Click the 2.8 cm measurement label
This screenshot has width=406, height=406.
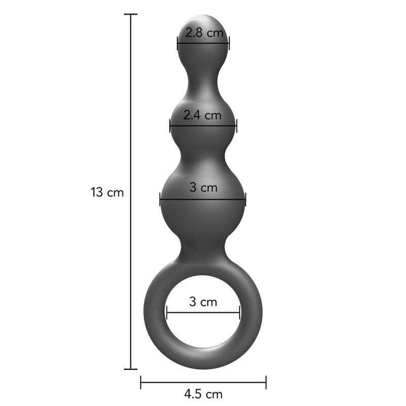pos(204,32)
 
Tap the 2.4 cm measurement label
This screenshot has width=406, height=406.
pos(202,115)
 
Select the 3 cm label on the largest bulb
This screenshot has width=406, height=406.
pos(204,187)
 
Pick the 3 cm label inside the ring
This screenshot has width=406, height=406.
pos(203,302)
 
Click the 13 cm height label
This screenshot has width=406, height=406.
pos(107,192)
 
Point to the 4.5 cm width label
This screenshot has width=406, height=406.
pos(204,394)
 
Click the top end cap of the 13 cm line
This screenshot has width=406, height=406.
pos(130,14)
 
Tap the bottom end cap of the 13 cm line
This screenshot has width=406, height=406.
pos(130,369)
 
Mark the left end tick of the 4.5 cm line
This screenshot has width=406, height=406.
pos(141,382)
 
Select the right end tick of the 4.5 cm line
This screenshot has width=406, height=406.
pos(266,382)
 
